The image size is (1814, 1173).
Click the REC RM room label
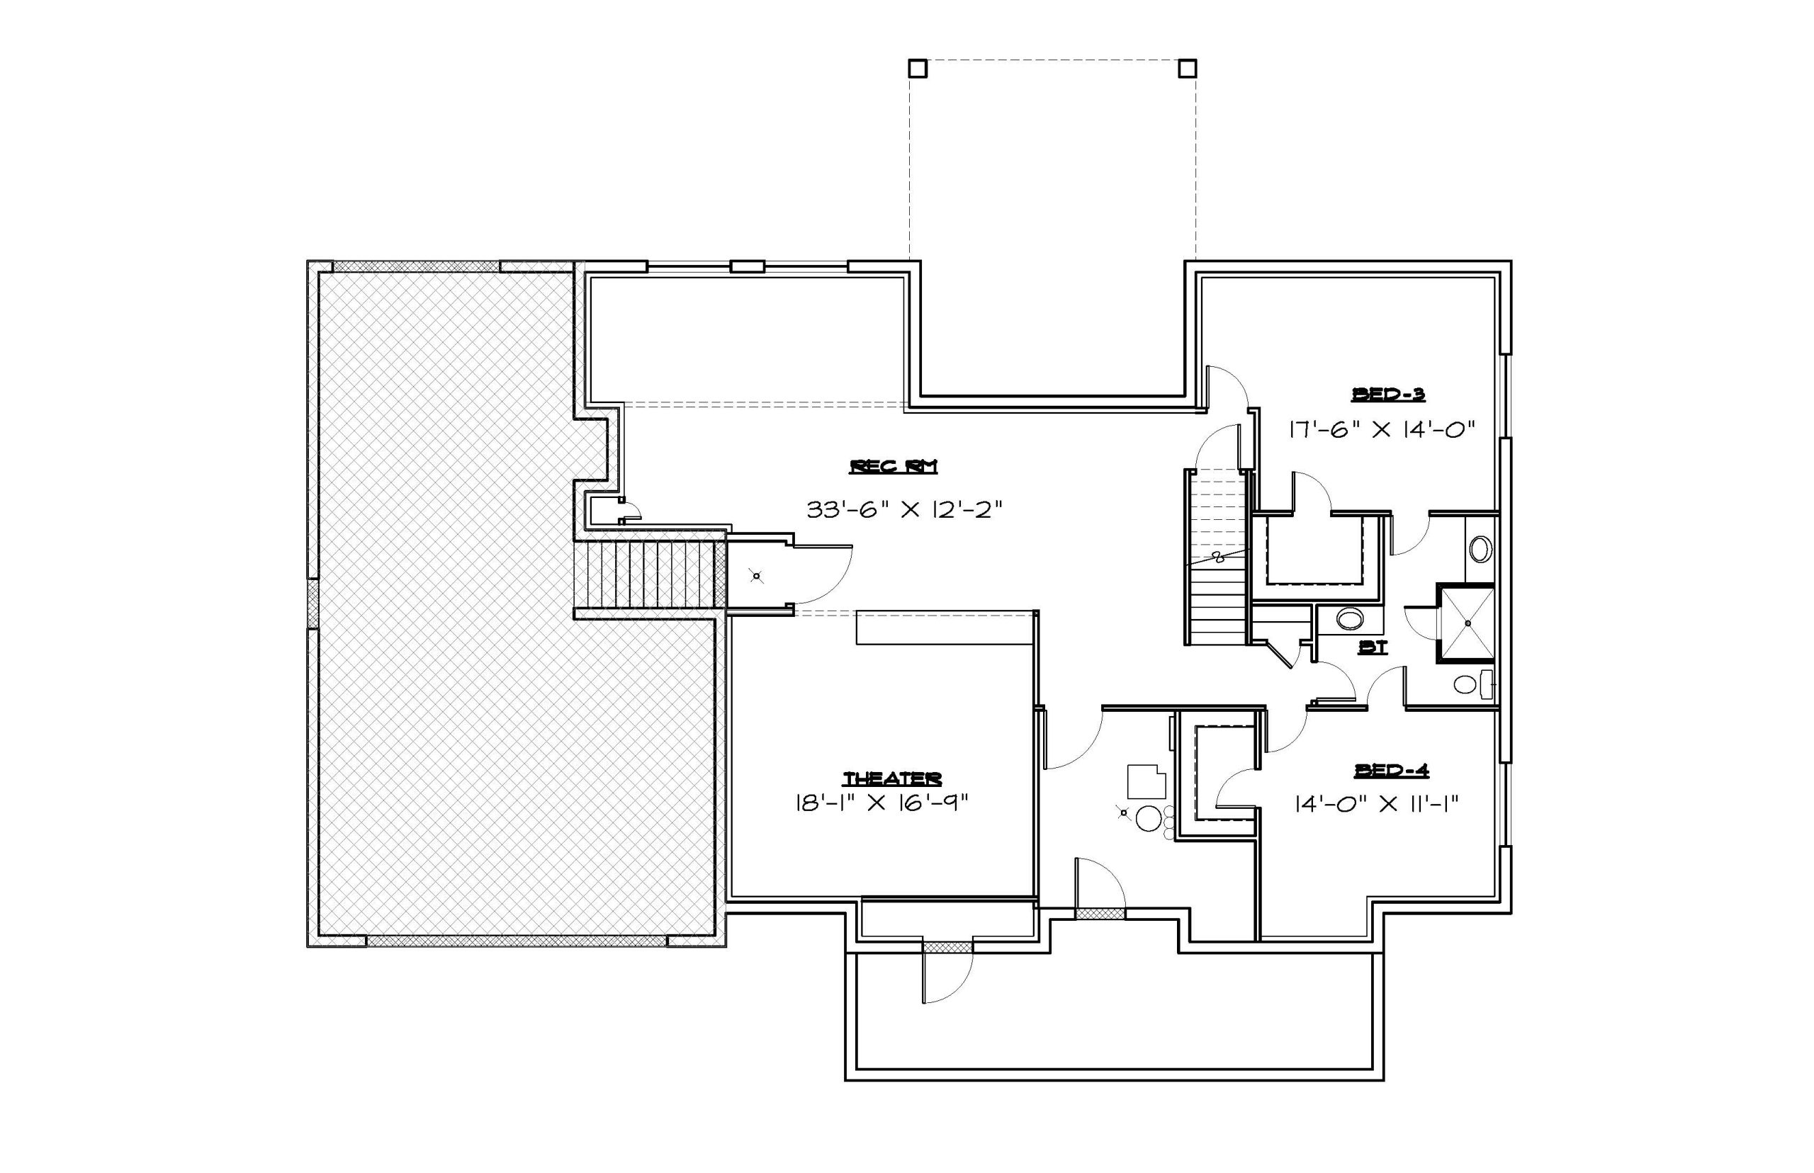click(x=893, y=466)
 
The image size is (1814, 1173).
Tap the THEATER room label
click(x=892, y=778)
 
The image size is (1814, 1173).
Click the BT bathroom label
click(x=1373, y=647)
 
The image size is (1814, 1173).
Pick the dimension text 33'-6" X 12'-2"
click(x=903, y=509)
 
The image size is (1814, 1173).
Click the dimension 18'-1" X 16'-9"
click(x=881, y=803)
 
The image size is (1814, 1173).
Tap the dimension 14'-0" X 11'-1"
click(x=1377, y=803)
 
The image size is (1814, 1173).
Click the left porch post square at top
click(x=918, y=69)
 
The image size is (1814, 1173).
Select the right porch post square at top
click(x=1187, y=69)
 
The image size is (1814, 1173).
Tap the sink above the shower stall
click(x=1480, y=548)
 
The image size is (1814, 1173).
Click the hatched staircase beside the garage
click(x=649, y=574)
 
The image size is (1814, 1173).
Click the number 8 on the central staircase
click(x=1217, y=557)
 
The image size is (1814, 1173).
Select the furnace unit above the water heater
click(x=1146, y=781)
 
